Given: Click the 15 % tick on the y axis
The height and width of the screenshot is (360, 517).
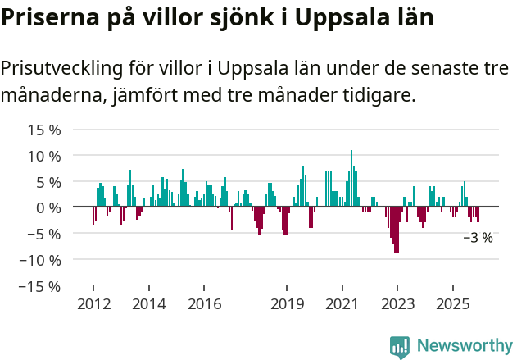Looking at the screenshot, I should coord(44,130).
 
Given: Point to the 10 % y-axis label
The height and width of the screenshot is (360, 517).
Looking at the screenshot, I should coord(44,156).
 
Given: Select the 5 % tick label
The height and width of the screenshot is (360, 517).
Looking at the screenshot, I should coord(48,182).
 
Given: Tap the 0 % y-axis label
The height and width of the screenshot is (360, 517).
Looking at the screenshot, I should coord(48,207).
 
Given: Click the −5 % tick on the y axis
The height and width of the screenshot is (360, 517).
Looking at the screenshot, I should coord(44,234).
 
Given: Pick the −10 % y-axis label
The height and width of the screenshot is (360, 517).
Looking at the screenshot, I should coord(41,260).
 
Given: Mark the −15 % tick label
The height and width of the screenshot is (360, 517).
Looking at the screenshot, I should coord(41,286).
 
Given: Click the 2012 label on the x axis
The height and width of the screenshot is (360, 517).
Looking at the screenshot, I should coord(93,304).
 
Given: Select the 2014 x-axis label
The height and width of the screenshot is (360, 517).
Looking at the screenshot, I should coord(148,304).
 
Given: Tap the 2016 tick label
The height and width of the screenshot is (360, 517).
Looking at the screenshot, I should coord(204,304).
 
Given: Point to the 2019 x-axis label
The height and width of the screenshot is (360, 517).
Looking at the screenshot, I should coord(287,304).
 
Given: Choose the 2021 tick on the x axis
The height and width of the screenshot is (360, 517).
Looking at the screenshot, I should coord(342,304).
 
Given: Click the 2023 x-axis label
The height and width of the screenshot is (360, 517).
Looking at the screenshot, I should coord(397,304).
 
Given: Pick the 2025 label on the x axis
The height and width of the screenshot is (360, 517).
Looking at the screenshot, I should coord(453,304).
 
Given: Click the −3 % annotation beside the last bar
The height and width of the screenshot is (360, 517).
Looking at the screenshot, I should coord(478,238).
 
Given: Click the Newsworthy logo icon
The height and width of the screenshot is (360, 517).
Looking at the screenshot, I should coord(400,347).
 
